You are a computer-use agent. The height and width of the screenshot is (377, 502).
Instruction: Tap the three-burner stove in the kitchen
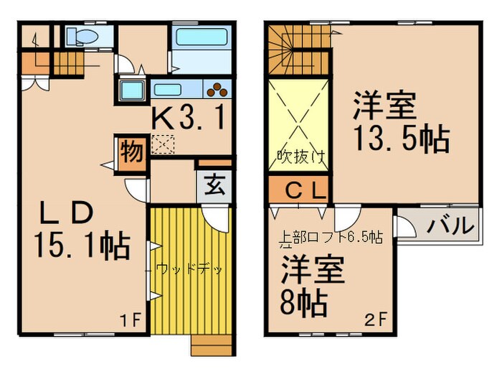216,90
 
